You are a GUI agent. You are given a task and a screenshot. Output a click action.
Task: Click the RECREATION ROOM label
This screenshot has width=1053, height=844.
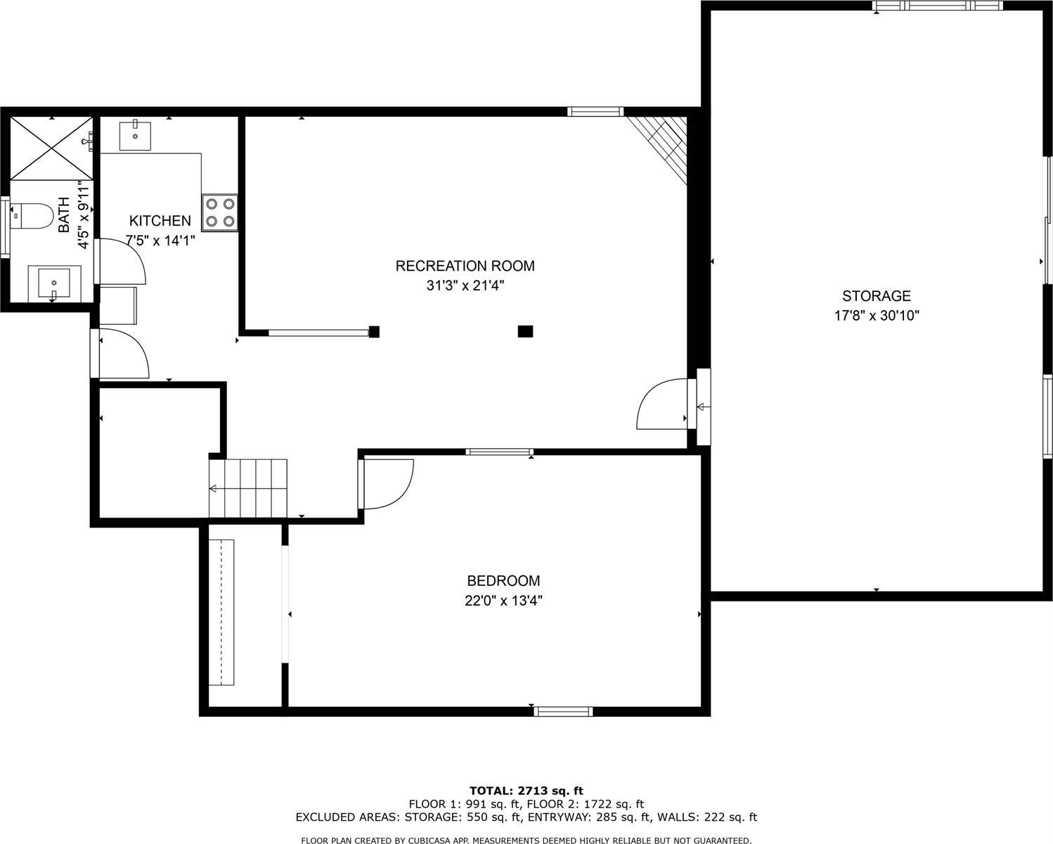tap(465, 266)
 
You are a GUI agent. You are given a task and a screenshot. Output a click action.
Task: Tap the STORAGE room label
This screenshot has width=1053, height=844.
tap(876, 296)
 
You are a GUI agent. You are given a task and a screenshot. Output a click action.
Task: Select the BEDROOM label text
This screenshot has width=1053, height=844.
tap(503, 581)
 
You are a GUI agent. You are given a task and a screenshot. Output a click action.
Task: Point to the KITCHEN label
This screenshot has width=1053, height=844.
tap(160, 221)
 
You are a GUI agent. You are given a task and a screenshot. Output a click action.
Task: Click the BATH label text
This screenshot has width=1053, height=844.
tap(64, 215)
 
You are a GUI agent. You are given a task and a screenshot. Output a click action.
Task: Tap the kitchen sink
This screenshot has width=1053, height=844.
tap(135, 135)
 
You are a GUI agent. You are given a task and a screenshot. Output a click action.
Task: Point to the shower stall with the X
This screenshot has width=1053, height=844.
tap(51, 148)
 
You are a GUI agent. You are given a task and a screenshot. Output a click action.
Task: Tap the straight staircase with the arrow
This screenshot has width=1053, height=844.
tap(248, 488)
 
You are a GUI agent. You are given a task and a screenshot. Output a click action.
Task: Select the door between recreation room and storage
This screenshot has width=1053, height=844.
tap(662, 404)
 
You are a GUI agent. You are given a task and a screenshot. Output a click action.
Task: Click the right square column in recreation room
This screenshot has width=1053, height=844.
tap(525, 331)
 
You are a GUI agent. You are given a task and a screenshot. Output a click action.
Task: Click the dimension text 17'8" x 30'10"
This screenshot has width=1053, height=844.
tap(876, 316)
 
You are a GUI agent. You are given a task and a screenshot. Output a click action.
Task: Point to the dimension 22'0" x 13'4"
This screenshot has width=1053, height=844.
tap(503, 601)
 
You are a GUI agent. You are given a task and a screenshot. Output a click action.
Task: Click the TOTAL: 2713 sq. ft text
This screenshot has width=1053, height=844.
tap(526, 791)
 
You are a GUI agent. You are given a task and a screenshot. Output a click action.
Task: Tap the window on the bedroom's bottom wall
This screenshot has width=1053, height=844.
tap(563, 711)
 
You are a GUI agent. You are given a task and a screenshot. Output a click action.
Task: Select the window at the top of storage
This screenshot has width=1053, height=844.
tap(936, 6)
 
